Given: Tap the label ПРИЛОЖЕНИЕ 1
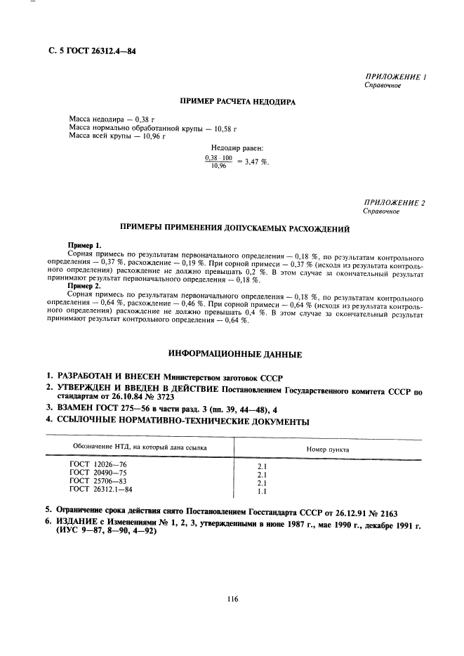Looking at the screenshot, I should point(396,76).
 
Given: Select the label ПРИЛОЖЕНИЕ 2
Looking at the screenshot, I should point(395,202).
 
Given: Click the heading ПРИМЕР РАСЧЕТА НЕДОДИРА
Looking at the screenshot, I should point(238,102).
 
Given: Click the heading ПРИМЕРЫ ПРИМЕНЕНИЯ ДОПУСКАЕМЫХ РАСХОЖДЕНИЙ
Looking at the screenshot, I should point(237,228).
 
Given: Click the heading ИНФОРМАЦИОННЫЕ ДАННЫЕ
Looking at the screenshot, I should point(237,354).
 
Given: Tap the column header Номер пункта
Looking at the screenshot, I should point(329,448).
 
